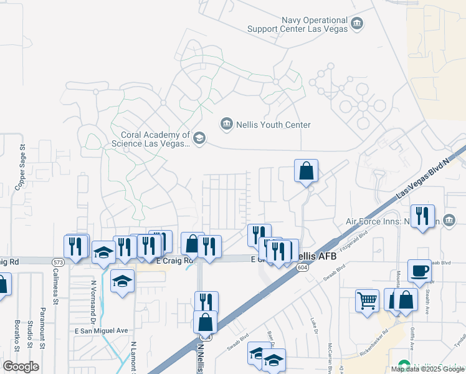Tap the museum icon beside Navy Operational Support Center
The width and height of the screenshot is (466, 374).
coord(357,24)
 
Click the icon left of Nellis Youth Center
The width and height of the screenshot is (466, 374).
coord(226,124)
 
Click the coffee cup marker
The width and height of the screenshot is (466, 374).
coord(419,271)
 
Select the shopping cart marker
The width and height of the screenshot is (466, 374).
coord(367,300)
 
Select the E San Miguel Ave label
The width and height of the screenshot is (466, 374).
coord(101,331)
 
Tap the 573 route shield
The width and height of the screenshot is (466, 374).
coord(57,262)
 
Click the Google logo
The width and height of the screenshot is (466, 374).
coord(20,367)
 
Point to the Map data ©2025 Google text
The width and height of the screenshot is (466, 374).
coord(427,369)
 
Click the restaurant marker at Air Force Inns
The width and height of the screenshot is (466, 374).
coord(422,216)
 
